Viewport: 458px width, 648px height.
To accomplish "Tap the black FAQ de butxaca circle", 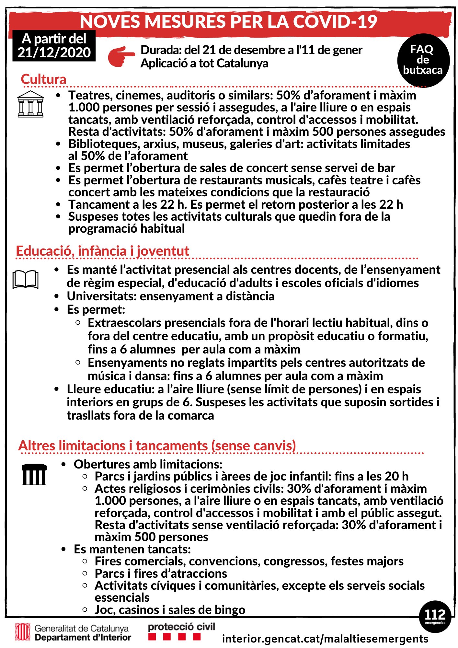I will [423, 60].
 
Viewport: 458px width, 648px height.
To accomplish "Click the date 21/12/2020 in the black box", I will [54, 52].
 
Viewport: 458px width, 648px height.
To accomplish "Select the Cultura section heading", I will [43, 79].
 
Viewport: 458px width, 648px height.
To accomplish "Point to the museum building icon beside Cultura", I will [30, 104].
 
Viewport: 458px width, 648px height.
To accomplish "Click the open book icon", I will [26, 279].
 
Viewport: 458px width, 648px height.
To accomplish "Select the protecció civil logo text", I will [181, 627].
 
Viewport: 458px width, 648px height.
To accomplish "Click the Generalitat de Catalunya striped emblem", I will [23, 632].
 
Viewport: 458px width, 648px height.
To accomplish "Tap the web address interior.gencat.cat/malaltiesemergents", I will [325, 639].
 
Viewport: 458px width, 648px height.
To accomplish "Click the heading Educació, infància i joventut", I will [102, 251].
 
